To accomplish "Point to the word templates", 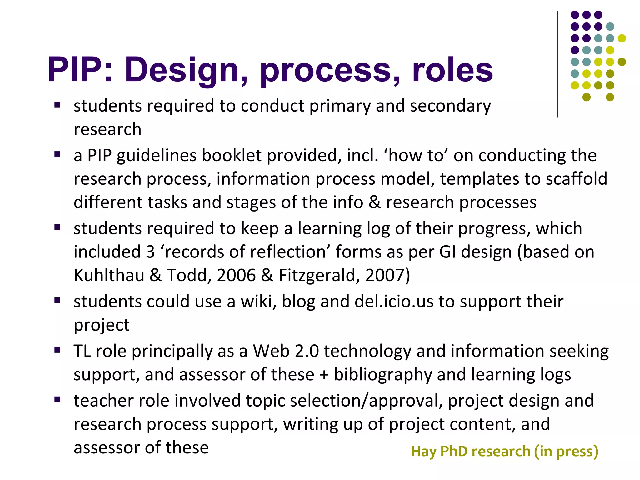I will (479, 179).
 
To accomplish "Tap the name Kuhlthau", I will (109, 275).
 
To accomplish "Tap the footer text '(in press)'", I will (566, 452).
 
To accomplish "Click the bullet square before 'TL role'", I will (57, 350).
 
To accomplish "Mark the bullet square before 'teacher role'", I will (57, 400).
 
